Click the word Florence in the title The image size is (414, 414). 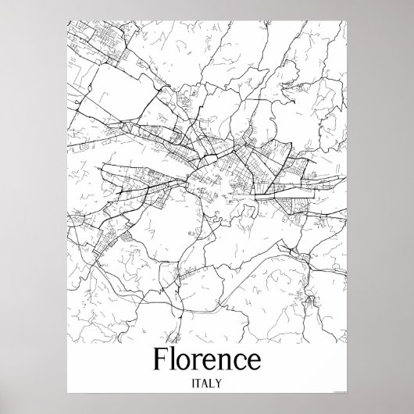(x=207, y=362)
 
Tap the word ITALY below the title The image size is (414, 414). (x=207, y=384)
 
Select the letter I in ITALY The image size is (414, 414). (x=191, y=384)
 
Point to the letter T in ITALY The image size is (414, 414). (x=198, y=384)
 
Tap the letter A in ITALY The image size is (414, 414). (x=206, y=384)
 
